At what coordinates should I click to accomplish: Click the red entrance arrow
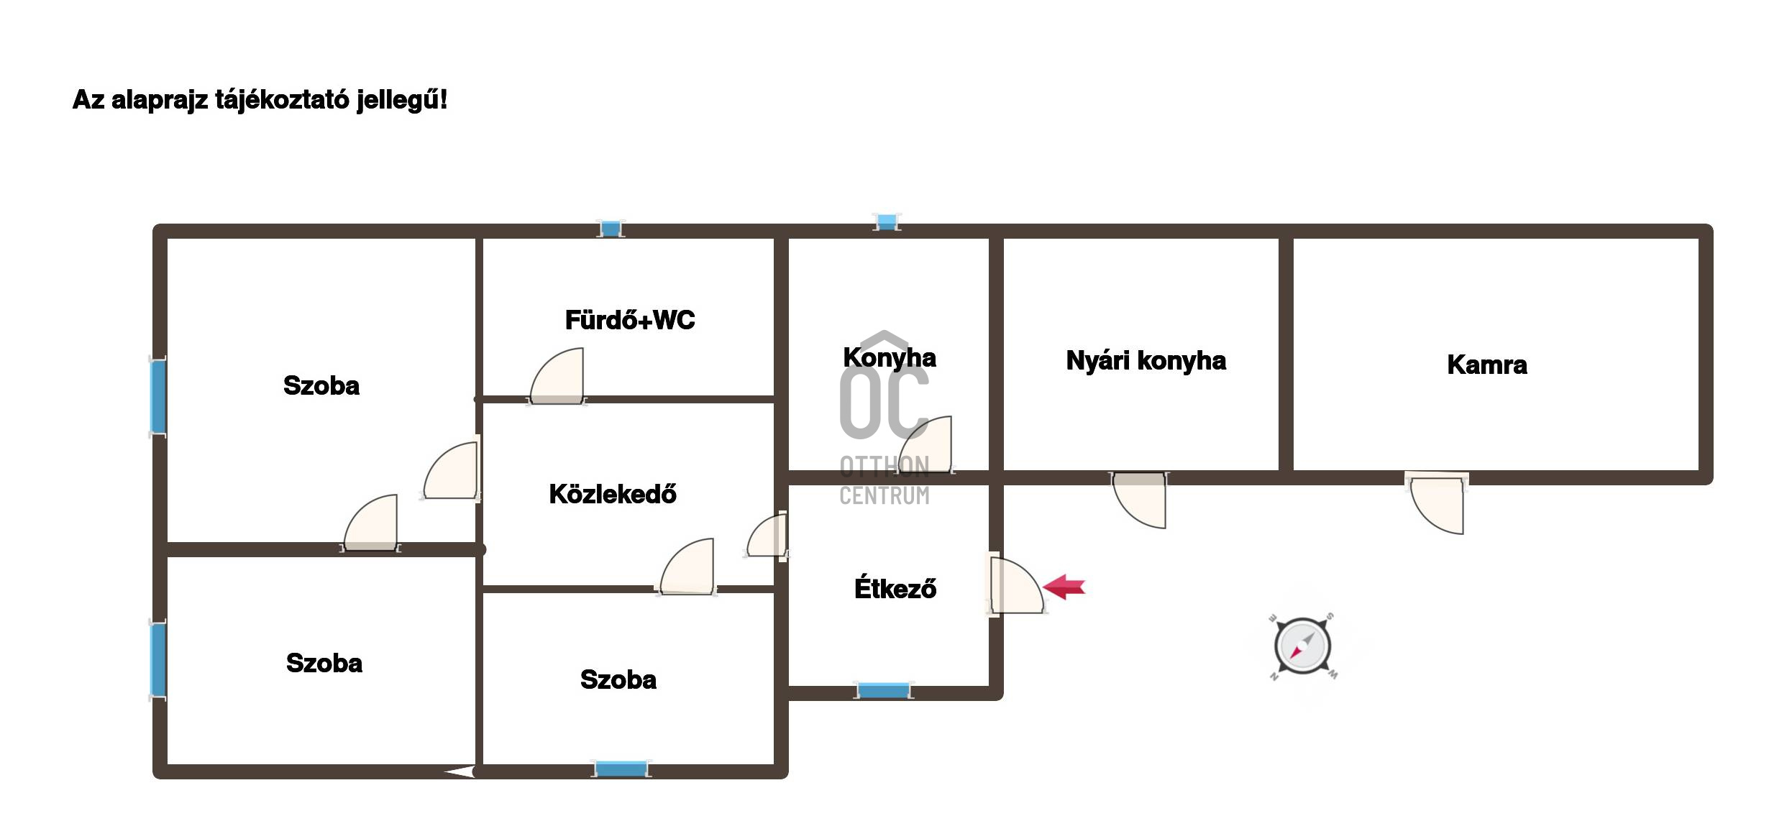point(1064,587)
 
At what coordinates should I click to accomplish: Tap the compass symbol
point(1302,646)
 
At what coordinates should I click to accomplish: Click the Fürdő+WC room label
point(630,320)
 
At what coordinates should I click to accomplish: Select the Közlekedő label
point(613,494)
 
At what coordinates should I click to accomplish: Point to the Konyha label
point(890,357)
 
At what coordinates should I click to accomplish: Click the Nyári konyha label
point(1146,361)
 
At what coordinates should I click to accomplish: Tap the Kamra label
point(1487,365)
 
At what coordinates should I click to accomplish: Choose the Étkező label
point(895,587)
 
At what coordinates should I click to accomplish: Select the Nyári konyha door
point(1139,500)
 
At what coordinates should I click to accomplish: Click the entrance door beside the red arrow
point(1015,585)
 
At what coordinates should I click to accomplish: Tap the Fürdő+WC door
point(557,377)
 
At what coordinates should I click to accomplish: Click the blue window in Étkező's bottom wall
point(884,691)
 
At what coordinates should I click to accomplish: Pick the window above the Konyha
point(887,221)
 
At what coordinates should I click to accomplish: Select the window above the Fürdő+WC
point(611,229)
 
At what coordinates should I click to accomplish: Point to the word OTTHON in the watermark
point(884,467)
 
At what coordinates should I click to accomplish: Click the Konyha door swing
point(927,444)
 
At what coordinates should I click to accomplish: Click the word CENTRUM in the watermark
point(884,495)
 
